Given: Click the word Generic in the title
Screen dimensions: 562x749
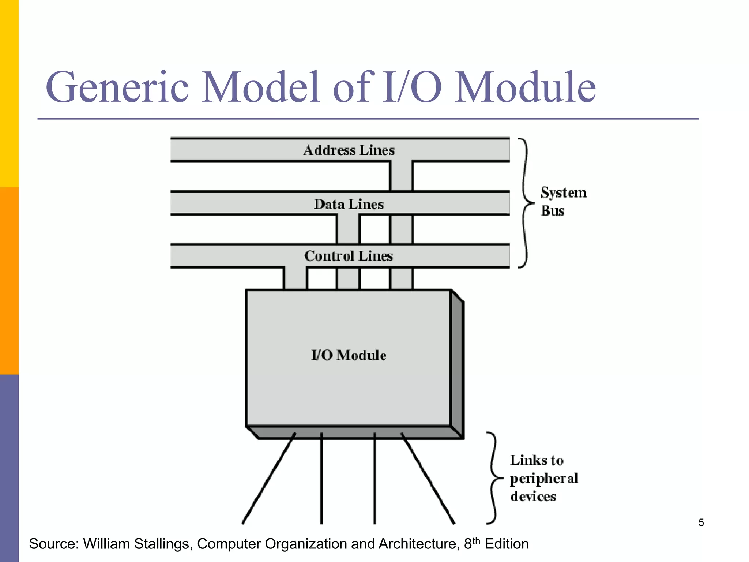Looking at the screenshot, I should coord(117,88).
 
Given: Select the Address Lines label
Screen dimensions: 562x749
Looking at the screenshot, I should coord(349,150).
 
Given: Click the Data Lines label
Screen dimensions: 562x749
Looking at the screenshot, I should coord(349,204).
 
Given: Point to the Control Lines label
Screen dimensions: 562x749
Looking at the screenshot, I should coord(348,256).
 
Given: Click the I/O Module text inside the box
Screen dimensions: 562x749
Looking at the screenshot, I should coord(349,355).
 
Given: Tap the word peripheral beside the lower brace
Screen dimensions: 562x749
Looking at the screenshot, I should coord(544,479).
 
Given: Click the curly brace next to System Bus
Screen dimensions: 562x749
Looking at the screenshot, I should coord(526,203).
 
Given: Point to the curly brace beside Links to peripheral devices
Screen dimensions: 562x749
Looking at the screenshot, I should coord(494,478).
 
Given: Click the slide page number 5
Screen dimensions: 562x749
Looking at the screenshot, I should coord(701,522).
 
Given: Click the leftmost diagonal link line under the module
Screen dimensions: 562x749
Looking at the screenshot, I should coord(269,479).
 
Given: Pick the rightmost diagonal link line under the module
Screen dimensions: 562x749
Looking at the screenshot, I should coord(428,479).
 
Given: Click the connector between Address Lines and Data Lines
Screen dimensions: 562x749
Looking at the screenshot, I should coord(401,176).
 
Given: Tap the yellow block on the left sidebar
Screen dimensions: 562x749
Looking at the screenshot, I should coord(9,93).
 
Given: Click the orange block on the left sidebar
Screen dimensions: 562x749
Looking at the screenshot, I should coord(9,281).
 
